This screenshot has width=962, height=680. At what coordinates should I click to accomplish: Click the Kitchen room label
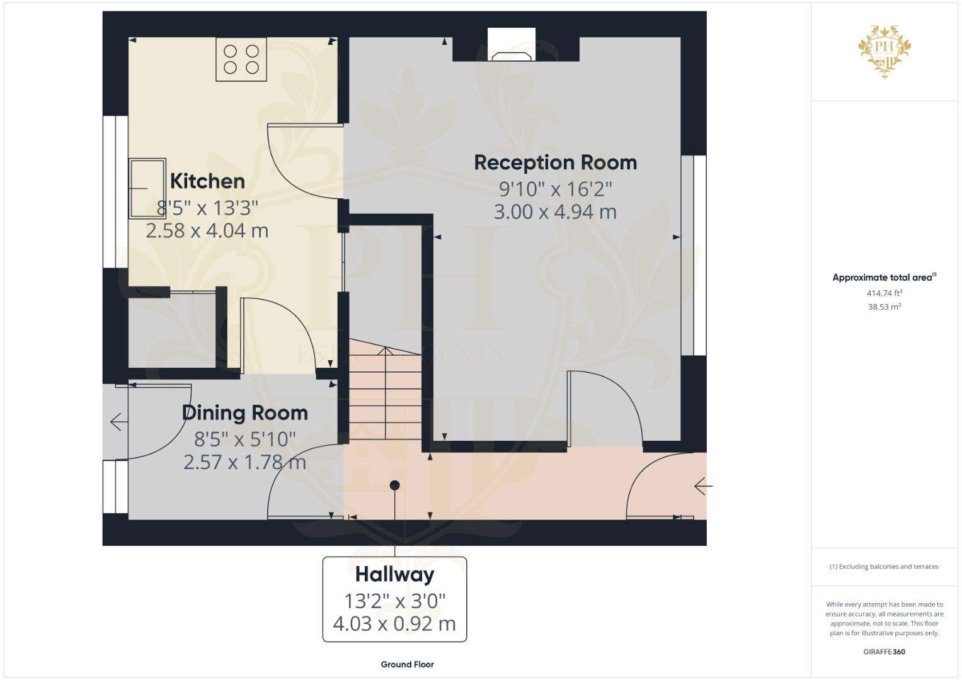click(x=207, y=181)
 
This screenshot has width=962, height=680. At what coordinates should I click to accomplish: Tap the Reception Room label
click(x=555, y=162)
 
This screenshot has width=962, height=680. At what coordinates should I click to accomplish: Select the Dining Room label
click(x=244, y=413)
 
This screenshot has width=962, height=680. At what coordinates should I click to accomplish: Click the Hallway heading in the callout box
click(x=394, y=574)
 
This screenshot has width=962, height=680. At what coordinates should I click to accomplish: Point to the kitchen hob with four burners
click(x=241, y=59)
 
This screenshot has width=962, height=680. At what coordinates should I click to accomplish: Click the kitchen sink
click(x=147, y=188)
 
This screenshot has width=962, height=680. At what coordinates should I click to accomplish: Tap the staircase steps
click(x=385, y=397)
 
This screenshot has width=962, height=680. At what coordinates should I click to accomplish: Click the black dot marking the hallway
click(x=394, y=485)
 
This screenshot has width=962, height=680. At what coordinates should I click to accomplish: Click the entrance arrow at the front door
click(x=702, y=486)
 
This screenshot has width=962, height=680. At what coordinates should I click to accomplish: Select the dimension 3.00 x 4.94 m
click(x=555, y=212)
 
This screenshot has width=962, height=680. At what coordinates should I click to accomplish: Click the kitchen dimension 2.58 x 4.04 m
click(x=207, y=230)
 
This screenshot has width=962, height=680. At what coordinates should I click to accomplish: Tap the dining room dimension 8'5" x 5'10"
click(x=244, y=438)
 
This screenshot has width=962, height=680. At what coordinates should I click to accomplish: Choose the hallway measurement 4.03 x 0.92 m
click(x=394, y=623)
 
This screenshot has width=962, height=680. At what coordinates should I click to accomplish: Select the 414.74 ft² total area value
click(x=885, y=293)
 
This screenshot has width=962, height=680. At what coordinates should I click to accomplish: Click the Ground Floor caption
click(x=407, y=664)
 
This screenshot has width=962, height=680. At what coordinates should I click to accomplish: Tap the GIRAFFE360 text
click(x=884, y=652)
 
